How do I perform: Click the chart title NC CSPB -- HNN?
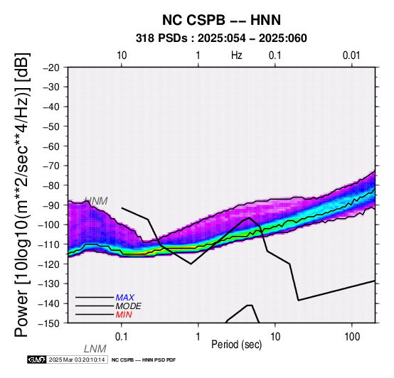point(221,20)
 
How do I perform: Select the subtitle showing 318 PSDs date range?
point(221,38)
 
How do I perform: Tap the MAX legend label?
point(125,298)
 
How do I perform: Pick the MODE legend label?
point(129,306)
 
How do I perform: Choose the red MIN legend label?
point(124,315)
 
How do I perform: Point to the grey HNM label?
point(96,201)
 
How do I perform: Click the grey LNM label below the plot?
point(95,349)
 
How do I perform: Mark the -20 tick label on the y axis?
point(51,67)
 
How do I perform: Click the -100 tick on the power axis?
point(49,225)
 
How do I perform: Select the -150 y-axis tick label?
point(49,323)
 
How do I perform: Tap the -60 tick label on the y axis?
point(51,146)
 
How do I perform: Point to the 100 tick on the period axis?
point(352,337)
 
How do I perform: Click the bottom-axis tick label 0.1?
point(122,337)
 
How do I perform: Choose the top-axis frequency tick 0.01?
point(351,55)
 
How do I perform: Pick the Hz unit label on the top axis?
point(237,55)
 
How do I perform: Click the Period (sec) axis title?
point(236,345)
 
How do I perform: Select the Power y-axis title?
point(22,195)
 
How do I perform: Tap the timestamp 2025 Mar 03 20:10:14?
point(77,360)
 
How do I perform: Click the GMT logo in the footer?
point(37,360)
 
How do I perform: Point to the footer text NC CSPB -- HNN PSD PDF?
point(144,360)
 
